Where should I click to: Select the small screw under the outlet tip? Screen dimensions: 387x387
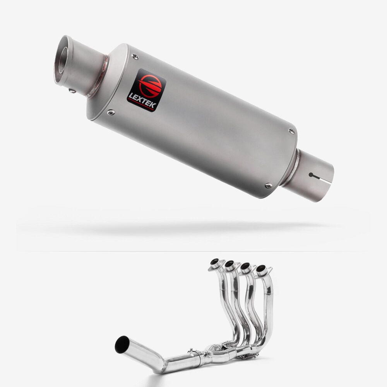tap(72, 91)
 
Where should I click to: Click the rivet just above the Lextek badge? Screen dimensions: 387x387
tap(135, 57)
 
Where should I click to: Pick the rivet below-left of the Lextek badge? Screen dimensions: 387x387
tap(111, 113)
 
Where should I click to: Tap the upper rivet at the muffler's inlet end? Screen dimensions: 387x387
tap(291, 131)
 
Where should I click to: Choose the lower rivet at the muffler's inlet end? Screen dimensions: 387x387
tap(268, 185)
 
